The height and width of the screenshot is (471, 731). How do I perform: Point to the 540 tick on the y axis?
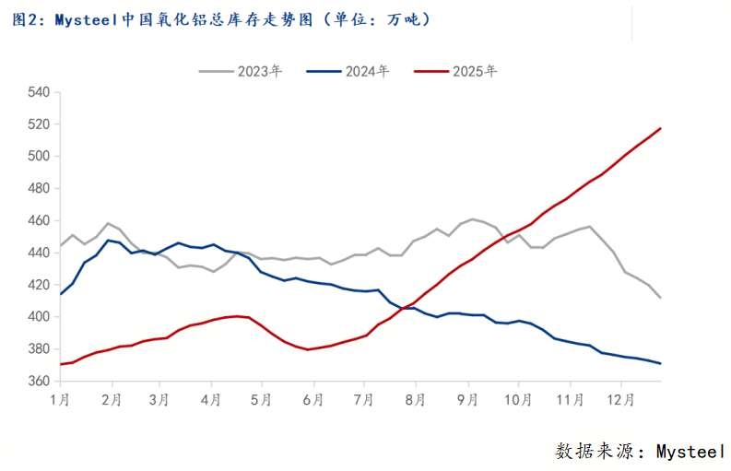tap(40, 92)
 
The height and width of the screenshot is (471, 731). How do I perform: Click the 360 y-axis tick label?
tap(40, 381)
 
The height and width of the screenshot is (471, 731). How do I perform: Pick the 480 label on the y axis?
tap(40, 188)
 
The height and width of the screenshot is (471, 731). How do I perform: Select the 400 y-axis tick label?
tap(40, 317)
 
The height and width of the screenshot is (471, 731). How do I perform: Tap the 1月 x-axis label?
tap(60, 402)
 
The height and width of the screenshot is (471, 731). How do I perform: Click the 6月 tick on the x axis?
tap(313, 402)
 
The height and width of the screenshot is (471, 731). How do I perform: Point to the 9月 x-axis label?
tap(467, 402)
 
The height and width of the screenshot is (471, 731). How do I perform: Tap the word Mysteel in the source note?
tap(690, 451)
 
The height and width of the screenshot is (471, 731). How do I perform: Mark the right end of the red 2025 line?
tap(660, 128)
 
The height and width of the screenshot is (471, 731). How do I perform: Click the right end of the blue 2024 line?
tap(660, 363)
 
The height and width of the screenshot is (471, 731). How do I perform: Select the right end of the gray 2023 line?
tap(660, 298)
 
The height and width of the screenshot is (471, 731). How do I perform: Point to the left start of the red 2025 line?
tap(61, 364)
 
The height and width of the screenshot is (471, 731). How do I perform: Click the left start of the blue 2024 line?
tap(61, 294)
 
